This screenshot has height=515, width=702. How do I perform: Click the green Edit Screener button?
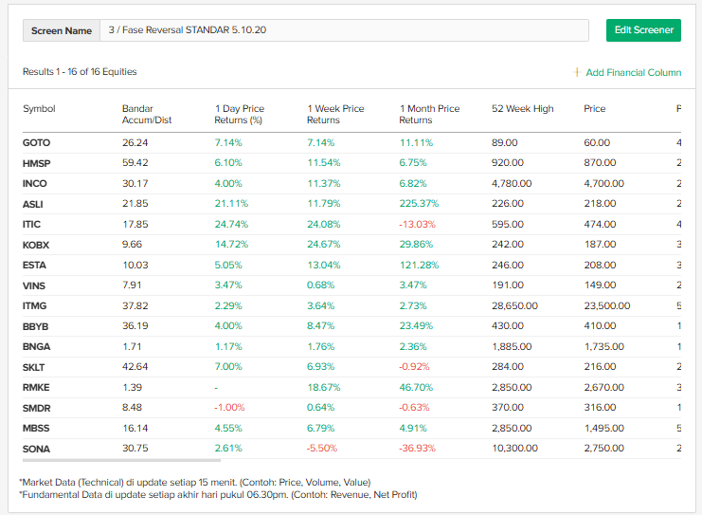tap(643, 30)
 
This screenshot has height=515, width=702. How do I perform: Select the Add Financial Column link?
tap(633, 73)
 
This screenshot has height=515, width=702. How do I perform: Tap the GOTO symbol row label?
tap(36, 142)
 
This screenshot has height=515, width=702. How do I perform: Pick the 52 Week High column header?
tap(522, 109)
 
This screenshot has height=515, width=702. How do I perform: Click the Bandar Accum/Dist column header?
tap(147, 114)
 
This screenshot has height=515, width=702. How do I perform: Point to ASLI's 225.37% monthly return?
tap(419, 204)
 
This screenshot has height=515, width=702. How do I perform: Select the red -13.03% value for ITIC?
tap(417, 224)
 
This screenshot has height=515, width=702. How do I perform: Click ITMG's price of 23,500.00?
tap(606, 305)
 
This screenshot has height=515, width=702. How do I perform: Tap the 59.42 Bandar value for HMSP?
tap(135, 163)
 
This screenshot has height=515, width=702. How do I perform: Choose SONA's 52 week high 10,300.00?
tap(514, 448)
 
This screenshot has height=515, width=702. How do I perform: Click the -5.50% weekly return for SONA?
tap(322, 448)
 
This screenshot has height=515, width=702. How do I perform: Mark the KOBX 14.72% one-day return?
tap(230, 245)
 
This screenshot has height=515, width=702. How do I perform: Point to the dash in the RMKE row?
tap(217, 387)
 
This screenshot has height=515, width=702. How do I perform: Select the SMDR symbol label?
tap(36, 408)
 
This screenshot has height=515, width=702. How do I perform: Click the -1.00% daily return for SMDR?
tap(229, 408)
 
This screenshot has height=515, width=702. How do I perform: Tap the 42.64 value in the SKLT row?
tap(135, 367)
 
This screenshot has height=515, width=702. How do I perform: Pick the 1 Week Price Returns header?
tap(335, 114)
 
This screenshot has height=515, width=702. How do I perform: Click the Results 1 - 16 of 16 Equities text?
tap(80, 72)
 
